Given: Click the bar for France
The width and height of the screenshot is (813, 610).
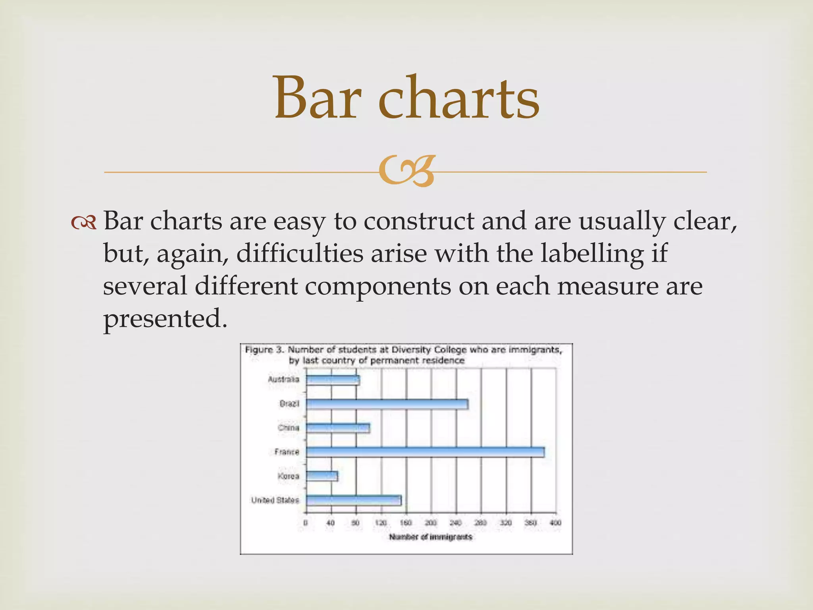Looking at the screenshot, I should [425, 452].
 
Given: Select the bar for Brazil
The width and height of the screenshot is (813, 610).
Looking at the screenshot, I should [387, 404].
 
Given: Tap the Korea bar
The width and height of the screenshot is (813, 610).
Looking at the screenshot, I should [322, 476].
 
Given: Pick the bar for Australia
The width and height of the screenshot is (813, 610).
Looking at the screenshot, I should [333, 380].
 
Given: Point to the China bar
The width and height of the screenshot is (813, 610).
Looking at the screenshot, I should [338, 428].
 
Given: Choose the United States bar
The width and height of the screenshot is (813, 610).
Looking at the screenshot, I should [353, 500].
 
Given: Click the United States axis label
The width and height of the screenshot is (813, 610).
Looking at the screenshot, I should [275, 500].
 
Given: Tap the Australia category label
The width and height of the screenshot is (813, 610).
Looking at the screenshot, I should [283, 380].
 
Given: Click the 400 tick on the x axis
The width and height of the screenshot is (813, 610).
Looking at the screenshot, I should [555, 523].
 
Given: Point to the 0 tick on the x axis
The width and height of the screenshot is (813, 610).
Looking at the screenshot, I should [305, 523].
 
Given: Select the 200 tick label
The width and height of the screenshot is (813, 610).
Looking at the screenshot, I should [431, 523].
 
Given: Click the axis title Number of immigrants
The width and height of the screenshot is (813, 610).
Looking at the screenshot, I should [431, 537].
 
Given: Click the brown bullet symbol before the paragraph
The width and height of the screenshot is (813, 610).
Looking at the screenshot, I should [84, 224].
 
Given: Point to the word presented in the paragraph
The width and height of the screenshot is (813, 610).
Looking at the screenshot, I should [165, 319].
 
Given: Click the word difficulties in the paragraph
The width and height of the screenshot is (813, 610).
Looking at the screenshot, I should [300, 253].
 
